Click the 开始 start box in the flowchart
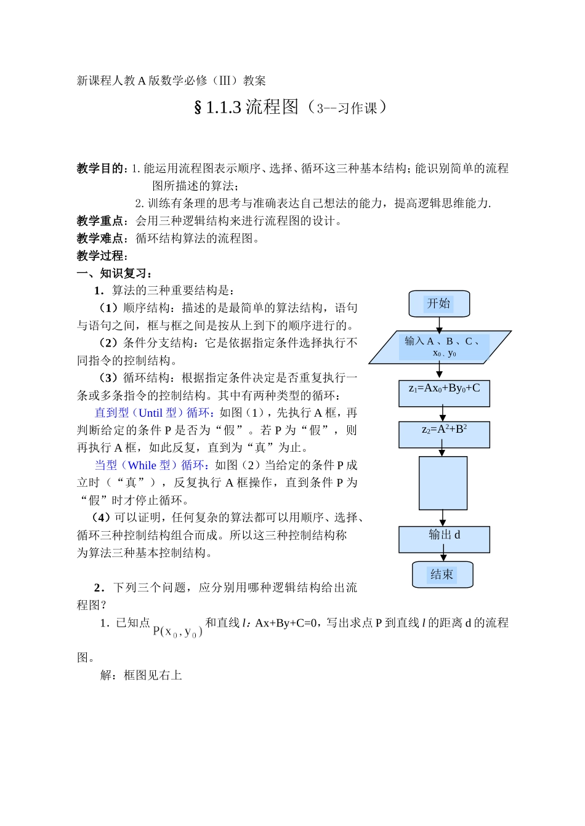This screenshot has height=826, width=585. (x=439, y=303)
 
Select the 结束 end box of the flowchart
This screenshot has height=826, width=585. (x=442, y=574)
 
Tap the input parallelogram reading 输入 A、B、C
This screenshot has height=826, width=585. (x=440, y=347)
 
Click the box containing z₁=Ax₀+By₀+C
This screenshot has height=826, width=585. (x=444, y=393)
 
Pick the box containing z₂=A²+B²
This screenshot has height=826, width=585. (x=444, y=434)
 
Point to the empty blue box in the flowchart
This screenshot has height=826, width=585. (x=443, y=483)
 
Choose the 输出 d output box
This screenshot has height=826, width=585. (x=444, y=539)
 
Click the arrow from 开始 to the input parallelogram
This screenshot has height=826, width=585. (x=439, y=324)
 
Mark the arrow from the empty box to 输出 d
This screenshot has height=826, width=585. (x=443, y=518)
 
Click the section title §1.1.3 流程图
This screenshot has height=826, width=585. (x=246, y=107)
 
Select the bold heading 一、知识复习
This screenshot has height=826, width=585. (x=115, y=273)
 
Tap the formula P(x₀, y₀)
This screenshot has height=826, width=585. (x=177, y=632)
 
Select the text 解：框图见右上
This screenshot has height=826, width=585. (x=141, y=675)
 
